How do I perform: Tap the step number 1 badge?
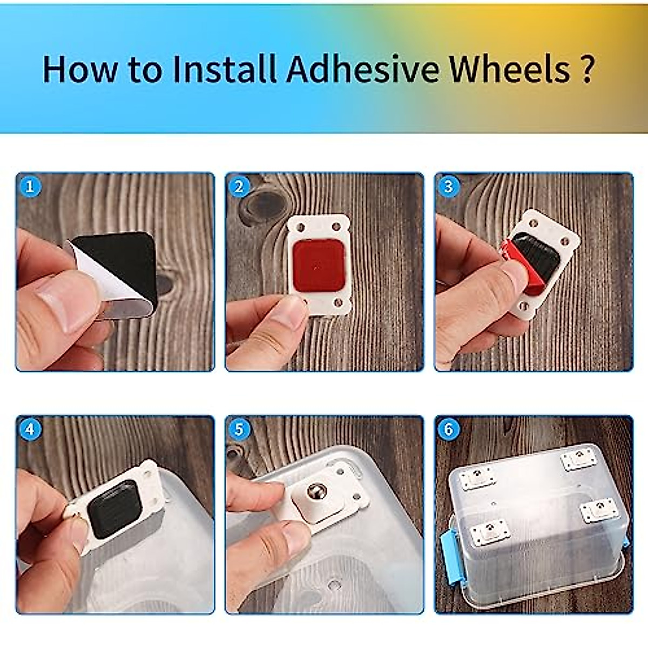pos(30,187)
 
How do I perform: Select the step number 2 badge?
pos(239,187)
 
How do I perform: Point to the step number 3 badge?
pos(448,187)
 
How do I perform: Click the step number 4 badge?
pos(30,430)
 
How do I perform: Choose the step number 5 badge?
pos(239,430)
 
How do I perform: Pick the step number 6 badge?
pos(448,430)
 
